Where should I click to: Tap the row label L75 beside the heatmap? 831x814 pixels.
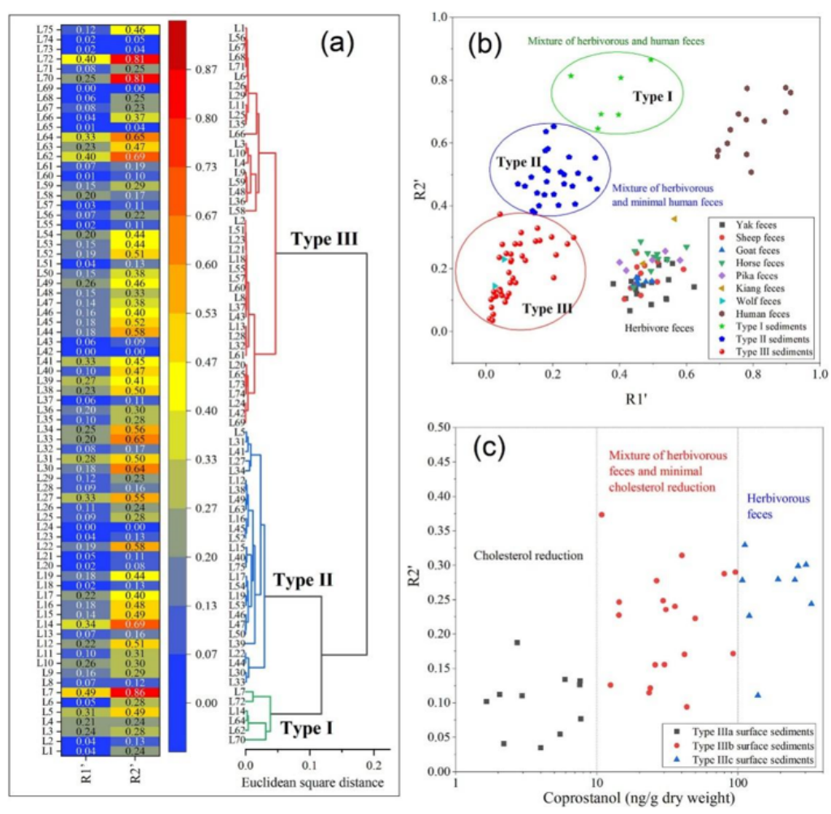click(46, 29)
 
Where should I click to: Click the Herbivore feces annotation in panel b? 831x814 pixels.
click(658, 328)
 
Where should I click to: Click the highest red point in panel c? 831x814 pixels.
click(602, 515)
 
